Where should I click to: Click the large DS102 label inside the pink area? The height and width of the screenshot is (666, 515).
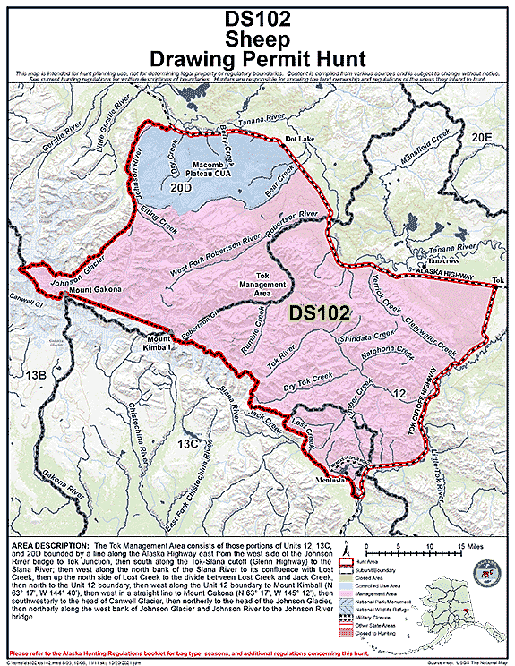coord(320,314)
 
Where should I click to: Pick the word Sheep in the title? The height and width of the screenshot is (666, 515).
coord(258,39)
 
